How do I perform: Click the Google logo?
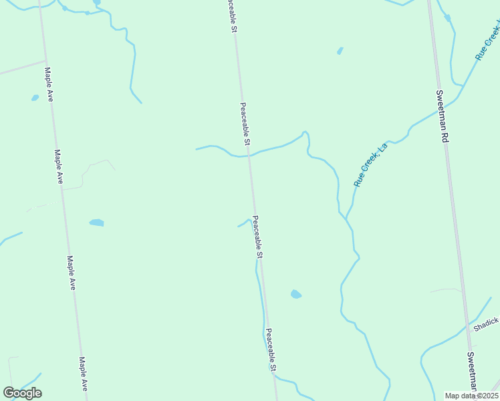pos(22,393)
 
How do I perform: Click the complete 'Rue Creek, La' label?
pos(371,164)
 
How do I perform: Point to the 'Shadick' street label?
pos(486,324)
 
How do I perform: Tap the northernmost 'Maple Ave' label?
pos(49,84)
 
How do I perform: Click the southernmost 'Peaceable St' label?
pos(271,350)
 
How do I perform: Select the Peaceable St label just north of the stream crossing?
pos(245,124)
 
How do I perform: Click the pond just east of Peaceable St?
pos(295,294)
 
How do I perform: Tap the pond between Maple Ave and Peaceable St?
pos(96,223)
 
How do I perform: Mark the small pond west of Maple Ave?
pos(35,98)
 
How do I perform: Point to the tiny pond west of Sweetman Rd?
pos(340,50)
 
